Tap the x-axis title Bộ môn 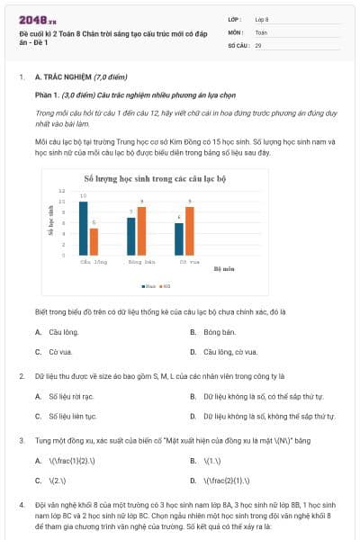[x=223, y=268]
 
